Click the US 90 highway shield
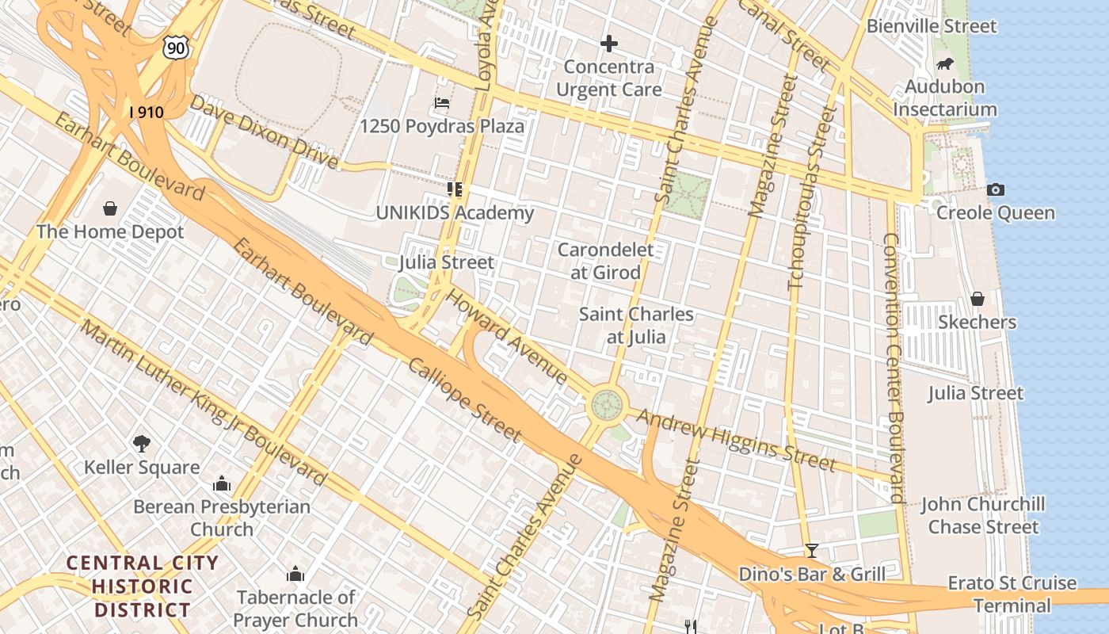[177, 48]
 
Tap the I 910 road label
[147, 113]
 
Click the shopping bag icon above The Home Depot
[110, 208]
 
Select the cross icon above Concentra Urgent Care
[608, 43]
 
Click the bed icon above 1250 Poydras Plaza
[442, 103]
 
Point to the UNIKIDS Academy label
[455, 212]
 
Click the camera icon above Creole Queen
[995, 189]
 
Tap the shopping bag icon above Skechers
[977, 299]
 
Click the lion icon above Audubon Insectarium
[944, 63]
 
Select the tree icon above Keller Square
[142, 444]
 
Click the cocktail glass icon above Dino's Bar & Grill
[811, 550]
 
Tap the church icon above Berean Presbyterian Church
[222, 483]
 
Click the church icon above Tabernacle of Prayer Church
[295, 574]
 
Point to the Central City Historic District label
[142, 586]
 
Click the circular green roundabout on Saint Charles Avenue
[608, 405]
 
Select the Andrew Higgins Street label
[737, 440]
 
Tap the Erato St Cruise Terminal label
[1012, 594]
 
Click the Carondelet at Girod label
[606, 261]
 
